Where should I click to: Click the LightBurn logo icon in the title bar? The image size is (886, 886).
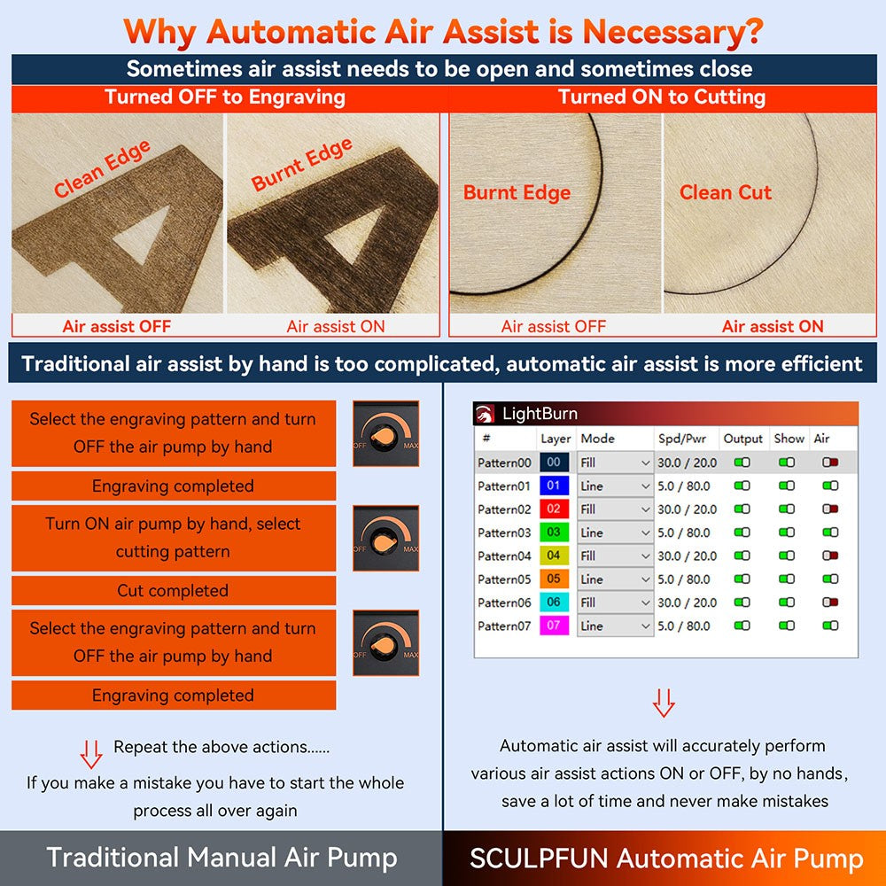(484, 414)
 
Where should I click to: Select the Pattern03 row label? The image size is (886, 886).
(504, 532)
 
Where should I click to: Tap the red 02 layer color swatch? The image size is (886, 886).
(554, 509)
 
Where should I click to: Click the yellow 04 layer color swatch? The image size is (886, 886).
(554, 556)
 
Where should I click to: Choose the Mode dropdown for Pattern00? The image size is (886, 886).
(615, 462)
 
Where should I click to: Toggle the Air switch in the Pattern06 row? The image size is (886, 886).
(830, 602)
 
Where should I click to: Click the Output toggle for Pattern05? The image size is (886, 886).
(742, 579)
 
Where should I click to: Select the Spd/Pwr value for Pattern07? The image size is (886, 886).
(683, 626)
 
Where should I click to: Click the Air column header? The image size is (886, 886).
(821, 439)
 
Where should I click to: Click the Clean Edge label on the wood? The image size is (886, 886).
(102, 169)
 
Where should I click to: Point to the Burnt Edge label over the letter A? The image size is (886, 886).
(302, 165)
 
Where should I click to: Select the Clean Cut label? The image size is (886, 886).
(726, 192)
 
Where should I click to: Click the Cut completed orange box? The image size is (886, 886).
(174, 591)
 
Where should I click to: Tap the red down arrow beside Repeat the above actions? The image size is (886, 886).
(91, 754)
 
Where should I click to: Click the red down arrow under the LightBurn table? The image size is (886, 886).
(664, 703)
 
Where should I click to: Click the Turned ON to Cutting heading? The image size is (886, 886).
(662, 97)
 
